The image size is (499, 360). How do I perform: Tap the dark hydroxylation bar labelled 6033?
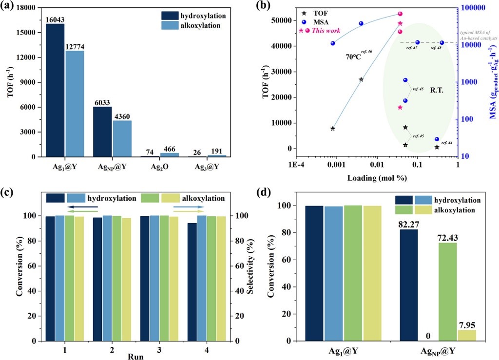(102, 132)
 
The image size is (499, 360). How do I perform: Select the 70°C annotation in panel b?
(354, 57)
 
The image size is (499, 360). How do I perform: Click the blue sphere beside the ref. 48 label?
(442, 43)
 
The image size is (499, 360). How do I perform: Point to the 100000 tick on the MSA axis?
(471, 8)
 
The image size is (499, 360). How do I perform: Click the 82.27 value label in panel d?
(410, 225)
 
